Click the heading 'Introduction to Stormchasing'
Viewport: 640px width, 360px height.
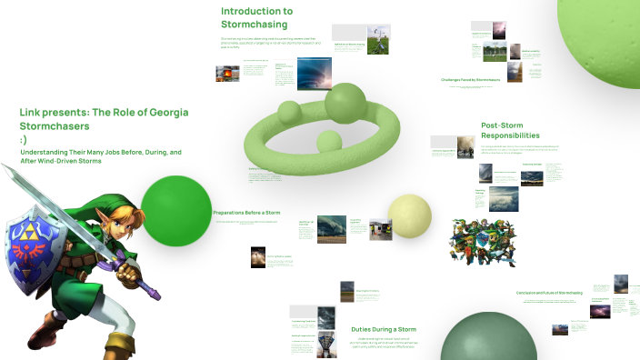point(256,17)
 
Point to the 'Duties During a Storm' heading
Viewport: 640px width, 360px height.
point(383,329)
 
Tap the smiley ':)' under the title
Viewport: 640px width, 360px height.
point(23,140)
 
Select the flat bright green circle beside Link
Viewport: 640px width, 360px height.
point(175,210)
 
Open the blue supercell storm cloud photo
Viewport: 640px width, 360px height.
point(315,74)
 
